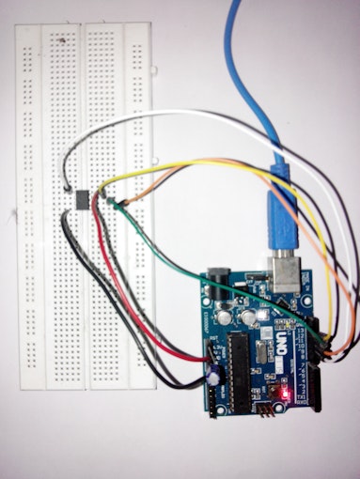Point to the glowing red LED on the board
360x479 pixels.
283,390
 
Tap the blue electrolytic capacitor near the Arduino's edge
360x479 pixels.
215,373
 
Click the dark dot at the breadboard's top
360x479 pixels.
62,41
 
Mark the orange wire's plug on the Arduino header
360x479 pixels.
324,348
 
